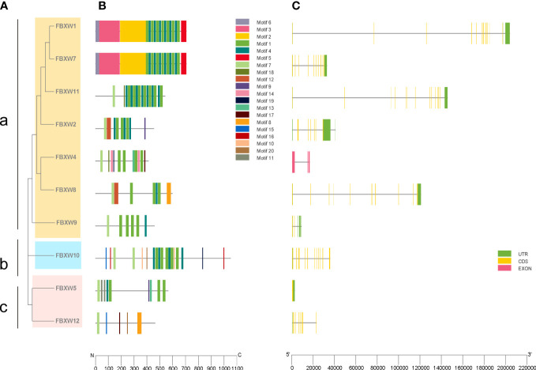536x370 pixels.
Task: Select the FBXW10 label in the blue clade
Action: [67, 255]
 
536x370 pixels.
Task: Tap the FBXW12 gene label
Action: [66, 321]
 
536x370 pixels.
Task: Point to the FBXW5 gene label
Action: [66, 288]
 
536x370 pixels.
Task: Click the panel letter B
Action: [99, 7]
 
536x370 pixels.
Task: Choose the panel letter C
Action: [295, 7]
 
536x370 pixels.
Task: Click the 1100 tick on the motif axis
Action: [237, 367]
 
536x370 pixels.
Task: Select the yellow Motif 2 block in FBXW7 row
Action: [133, 64]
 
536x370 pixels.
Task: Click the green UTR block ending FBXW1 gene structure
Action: [508, 32]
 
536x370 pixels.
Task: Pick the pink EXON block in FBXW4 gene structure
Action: [293, 162]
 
